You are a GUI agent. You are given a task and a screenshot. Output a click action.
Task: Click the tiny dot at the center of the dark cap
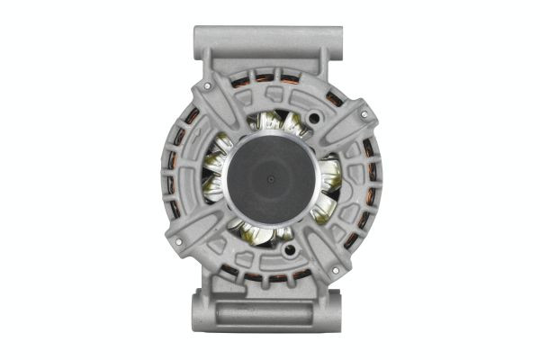[x=271, y=178]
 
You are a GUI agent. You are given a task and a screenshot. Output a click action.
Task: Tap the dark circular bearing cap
[x=271, y=178]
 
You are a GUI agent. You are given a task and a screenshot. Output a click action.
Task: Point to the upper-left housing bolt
[x=208, y=85]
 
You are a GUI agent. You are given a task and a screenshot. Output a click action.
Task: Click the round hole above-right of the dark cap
[x=314, y=118]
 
